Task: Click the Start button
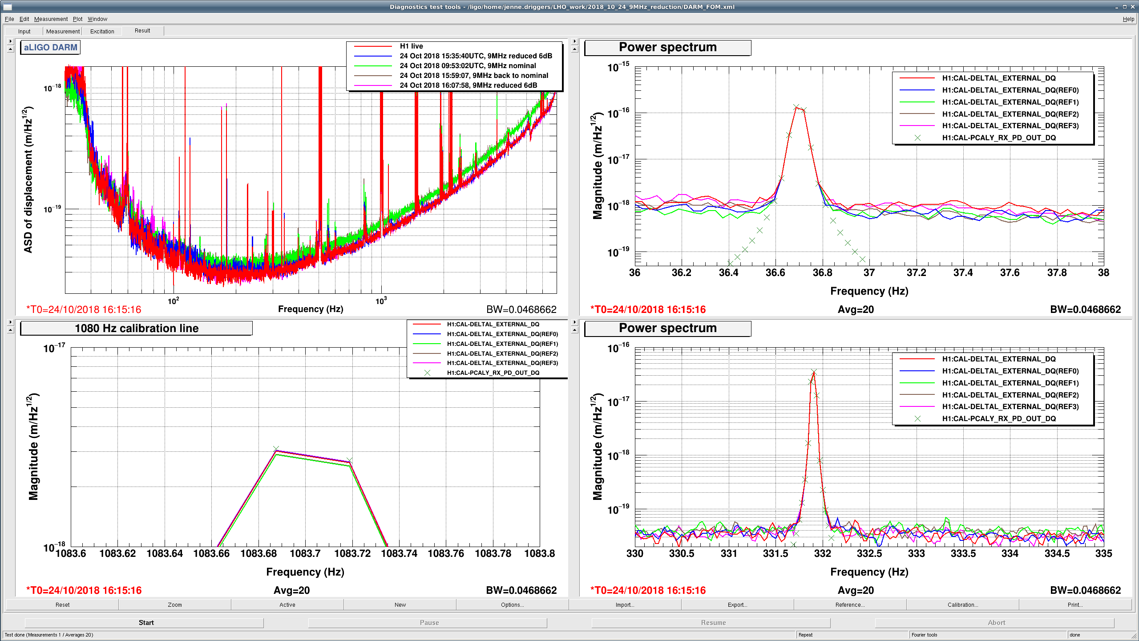[x=146, y=623]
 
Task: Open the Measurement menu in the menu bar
[x=51, y=19]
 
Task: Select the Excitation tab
[x=102, y=31]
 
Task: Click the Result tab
[x=142, y=31]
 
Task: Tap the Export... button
[x=737, y=604]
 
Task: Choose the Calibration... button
[x=962, y=604]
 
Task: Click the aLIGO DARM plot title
[x=50, y=47]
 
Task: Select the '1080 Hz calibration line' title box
[x=136, y=329]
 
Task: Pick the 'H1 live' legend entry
[x=411, y=46]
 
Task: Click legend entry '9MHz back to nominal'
[x=474, y=76]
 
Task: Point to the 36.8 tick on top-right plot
[x=822, y=272]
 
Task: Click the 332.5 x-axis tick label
[x=869, y=553]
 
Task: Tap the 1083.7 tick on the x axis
[x=305, y=553]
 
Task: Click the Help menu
[x=1128, y=19]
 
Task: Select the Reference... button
[x=850, y=604]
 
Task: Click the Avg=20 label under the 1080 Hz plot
[x=291, y=590]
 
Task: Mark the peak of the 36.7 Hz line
[x=796, y=107]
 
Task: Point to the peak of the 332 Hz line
[x=814, y=372]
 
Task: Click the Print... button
[x=1074, y=604]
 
